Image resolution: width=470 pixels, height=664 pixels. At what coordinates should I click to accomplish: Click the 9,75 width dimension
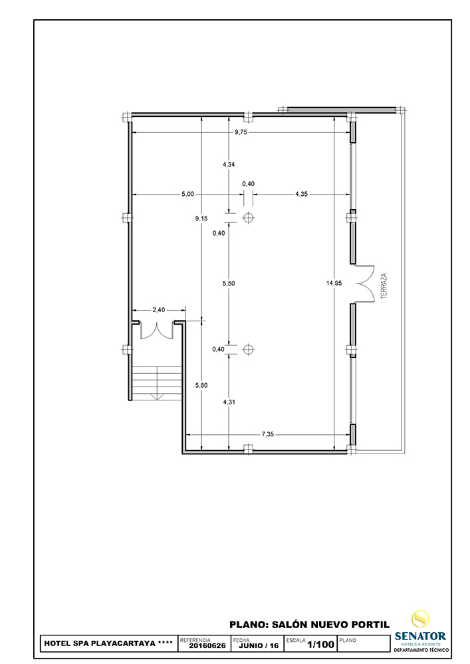click(x=241, y=132)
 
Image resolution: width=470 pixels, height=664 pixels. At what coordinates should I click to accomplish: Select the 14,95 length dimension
click(x=334, y=284)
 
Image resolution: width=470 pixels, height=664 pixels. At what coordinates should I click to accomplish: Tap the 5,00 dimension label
click(x=187, y=195)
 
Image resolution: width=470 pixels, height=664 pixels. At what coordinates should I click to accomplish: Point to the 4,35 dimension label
click(x=301, y=195)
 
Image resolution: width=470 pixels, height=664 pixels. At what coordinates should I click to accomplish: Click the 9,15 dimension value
click(x=201, y=218)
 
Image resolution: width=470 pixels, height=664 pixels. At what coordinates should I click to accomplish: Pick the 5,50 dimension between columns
click(x=229, y=284)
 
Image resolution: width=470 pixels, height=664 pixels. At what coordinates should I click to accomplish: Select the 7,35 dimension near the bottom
click(x=267, y=434)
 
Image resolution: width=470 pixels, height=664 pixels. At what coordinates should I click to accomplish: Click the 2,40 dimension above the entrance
click(x=158, y=310)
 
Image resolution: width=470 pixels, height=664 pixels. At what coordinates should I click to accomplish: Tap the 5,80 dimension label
click(x=201, y=385)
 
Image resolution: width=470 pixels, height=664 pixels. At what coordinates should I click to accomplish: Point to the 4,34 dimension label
click(x=229, y=164)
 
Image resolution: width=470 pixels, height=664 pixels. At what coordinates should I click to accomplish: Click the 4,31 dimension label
click(x=229, y=402)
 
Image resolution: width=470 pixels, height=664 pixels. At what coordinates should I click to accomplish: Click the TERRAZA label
click(x=384, y=286)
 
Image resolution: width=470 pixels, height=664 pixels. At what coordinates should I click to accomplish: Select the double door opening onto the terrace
click(x=365, y=284)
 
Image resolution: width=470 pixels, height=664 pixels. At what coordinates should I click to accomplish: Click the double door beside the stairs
click(x=157, y=330)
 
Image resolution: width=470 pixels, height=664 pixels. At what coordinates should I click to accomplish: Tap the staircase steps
click(x=158, y=383)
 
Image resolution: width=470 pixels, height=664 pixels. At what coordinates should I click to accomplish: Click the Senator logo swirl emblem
click(x=420, y=619)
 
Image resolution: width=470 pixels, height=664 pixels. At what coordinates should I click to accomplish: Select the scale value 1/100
click(x=320, y=645)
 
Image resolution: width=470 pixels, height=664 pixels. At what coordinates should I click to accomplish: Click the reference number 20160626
click(x=207, y=646)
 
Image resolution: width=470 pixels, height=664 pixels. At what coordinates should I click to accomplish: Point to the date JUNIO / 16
click(x=259, y=646)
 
